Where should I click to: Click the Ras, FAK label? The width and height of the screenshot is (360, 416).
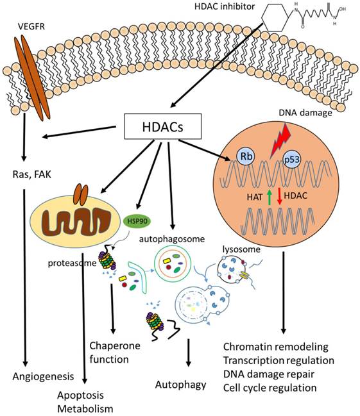(x=31, y=175)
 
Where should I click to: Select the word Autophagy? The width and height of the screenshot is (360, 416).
(x=180, y=385)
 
